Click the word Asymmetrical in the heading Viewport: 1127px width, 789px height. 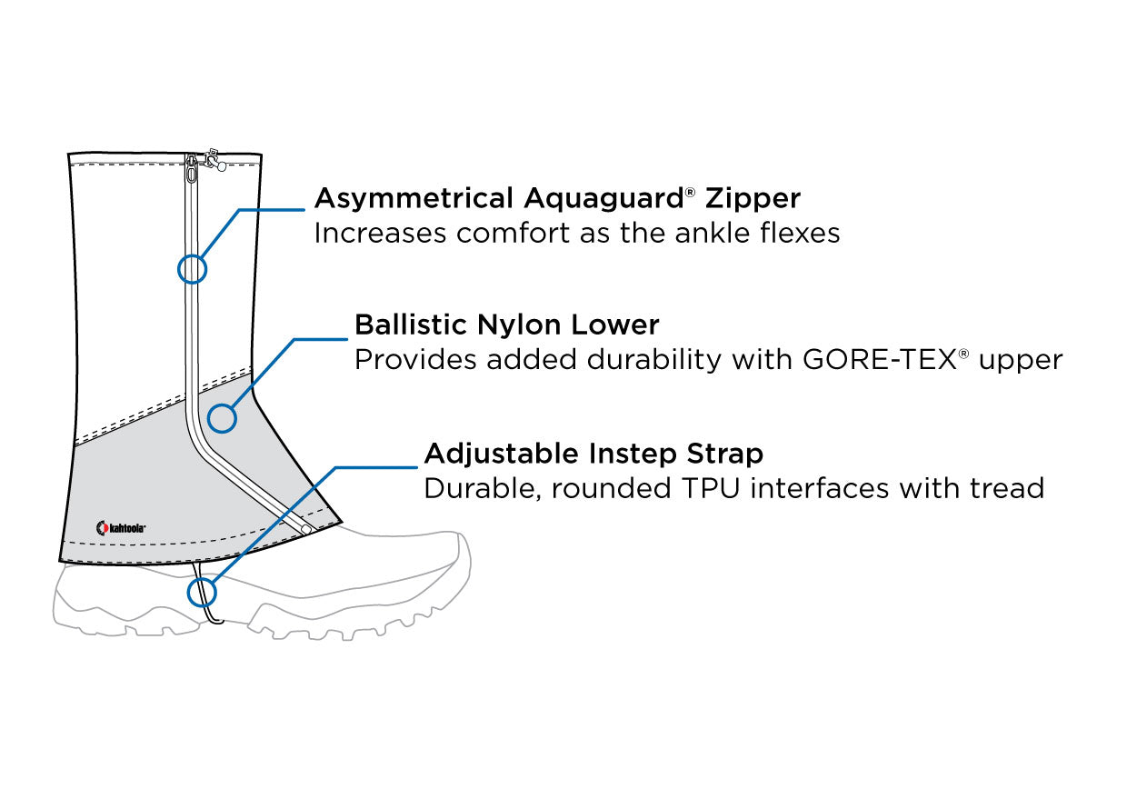[x=414, y=198]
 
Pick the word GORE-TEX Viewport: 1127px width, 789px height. [x=878, y=360]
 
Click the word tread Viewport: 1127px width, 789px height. [x=1004, y=488]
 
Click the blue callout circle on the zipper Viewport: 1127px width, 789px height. [x=193, y=268]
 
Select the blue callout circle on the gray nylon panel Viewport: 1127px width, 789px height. [x=222, y=418]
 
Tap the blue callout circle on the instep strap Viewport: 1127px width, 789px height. [x=202, y=593]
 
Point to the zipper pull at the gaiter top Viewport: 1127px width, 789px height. [x=192, y=169]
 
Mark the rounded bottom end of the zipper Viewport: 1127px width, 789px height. [x=307, y=528]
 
